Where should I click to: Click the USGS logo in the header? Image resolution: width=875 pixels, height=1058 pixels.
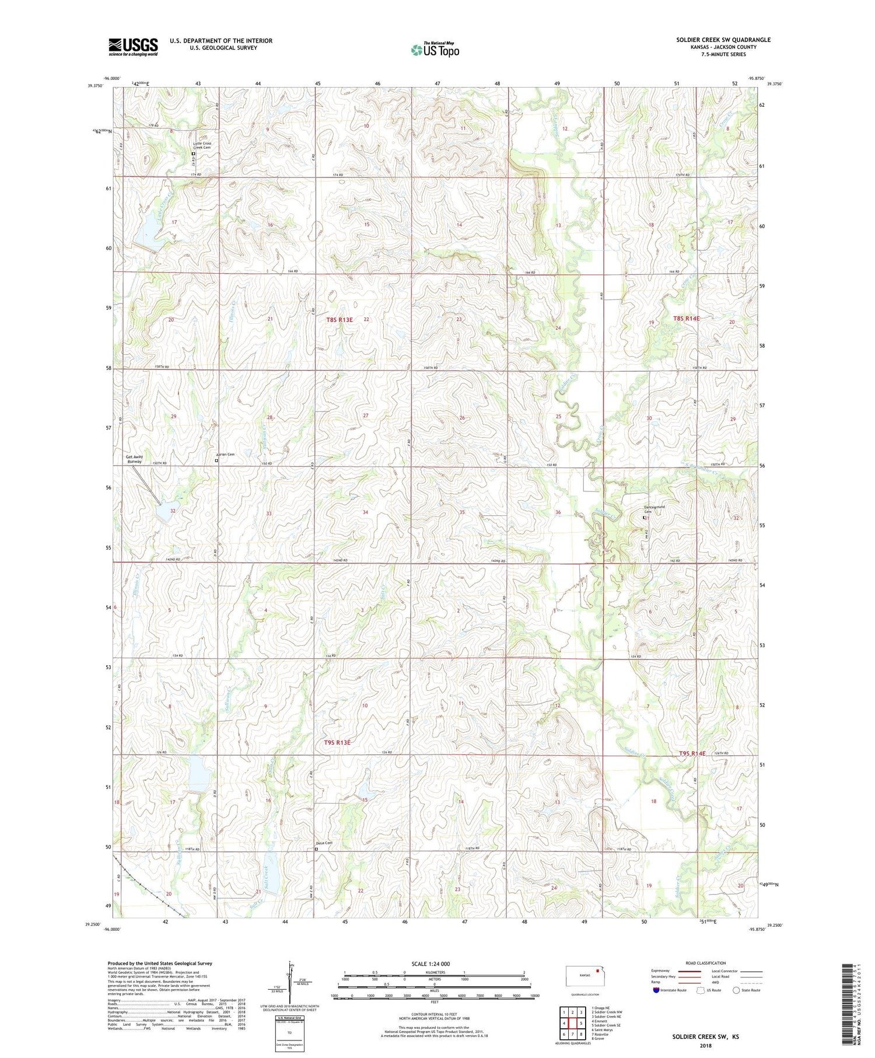pyautogui.click(x=133, y=47)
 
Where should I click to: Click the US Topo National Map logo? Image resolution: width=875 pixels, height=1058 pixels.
pyautogui.click(x=435, y=50)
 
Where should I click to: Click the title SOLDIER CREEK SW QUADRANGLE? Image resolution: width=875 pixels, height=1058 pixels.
pyautogui.click(x=723, y=40)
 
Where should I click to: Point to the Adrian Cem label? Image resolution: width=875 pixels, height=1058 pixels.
pyautogui.click(x=225, y=455)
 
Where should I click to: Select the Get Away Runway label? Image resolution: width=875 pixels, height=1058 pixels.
pyautogui.click(x=134, y=459)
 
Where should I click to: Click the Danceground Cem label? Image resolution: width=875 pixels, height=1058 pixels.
pyautogui.click(x=654, y=509)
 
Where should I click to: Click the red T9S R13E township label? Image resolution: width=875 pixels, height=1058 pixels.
pyautogui.click(x=337, y=742)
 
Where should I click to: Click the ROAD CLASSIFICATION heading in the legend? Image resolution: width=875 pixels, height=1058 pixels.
pyautogui.click(x=706, y=963)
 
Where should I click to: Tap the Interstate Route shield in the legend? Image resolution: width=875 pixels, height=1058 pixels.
pyautogui.click(x=656, y=990)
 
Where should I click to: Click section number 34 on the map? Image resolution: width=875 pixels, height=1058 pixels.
pyautogui.click(x=365, y=512)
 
